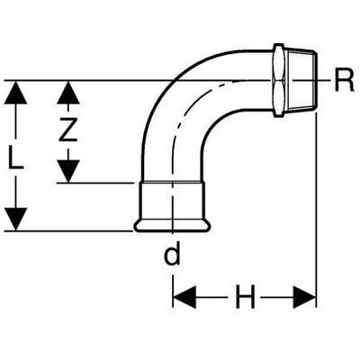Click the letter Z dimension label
[67, 129]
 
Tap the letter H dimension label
[246, 297]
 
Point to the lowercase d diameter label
[172, 254]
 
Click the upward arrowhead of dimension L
[15, 93]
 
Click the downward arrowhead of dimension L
[15, 220]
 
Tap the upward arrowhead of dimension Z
[68, 93]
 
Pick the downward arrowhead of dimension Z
[68, 171]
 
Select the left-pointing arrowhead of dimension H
[184, 297]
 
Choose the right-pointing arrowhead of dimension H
[304, 297]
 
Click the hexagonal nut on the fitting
[278, 80]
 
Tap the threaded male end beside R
[301, 80]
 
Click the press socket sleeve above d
[172, 200]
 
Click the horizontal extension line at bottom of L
[68, 231]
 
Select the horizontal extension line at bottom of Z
[95, 183]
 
